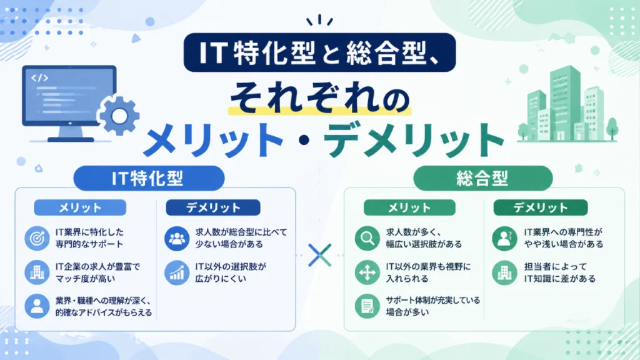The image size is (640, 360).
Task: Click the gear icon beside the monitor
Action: click(x=119, y=116)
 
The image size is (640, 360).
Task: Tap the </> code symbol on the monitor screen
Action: click(x=39, y=77)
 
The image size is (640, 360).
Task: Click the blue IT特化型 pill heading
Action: click(x=149, y=178)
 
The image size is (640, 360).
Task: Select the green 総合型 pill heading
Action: click(x=483, y=178)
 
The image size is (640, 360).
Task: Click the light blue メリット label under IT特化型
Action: click(x=80, y=207)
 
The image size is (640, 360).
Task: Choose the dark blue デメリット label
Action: click(x=213, y=207)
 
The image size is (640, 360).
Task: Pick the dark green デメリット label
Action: click(x=541, y=207)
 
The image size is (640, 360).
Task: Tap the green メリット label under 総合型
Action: click(x=409, y=207)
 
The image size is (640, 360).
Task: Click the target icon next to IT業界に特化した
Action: click(x=37, y=238)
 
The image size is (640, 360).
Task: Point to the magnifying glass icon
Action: click(x=367, y=238)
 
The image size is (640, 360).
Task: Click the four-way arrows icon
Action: click(x=367, y=272)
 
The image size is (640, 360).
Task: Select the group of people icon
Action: click(x=177, y=238)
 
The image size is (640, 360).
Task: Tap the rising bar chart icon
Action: click(x=177, y=272)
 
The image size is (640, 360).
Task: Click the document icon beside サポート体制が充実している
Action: click(x=367, y=306)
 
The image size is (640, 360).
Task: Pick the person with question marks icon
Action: click(x=504, y=238)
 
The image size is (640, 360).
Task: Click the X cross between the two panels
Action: click(x=319, y=255)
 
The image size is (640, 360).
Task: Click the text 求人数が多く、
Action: click(x=414, y=232)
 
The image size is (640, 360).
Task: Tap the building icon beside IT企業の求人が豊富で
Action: click(x=37, y=272)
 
